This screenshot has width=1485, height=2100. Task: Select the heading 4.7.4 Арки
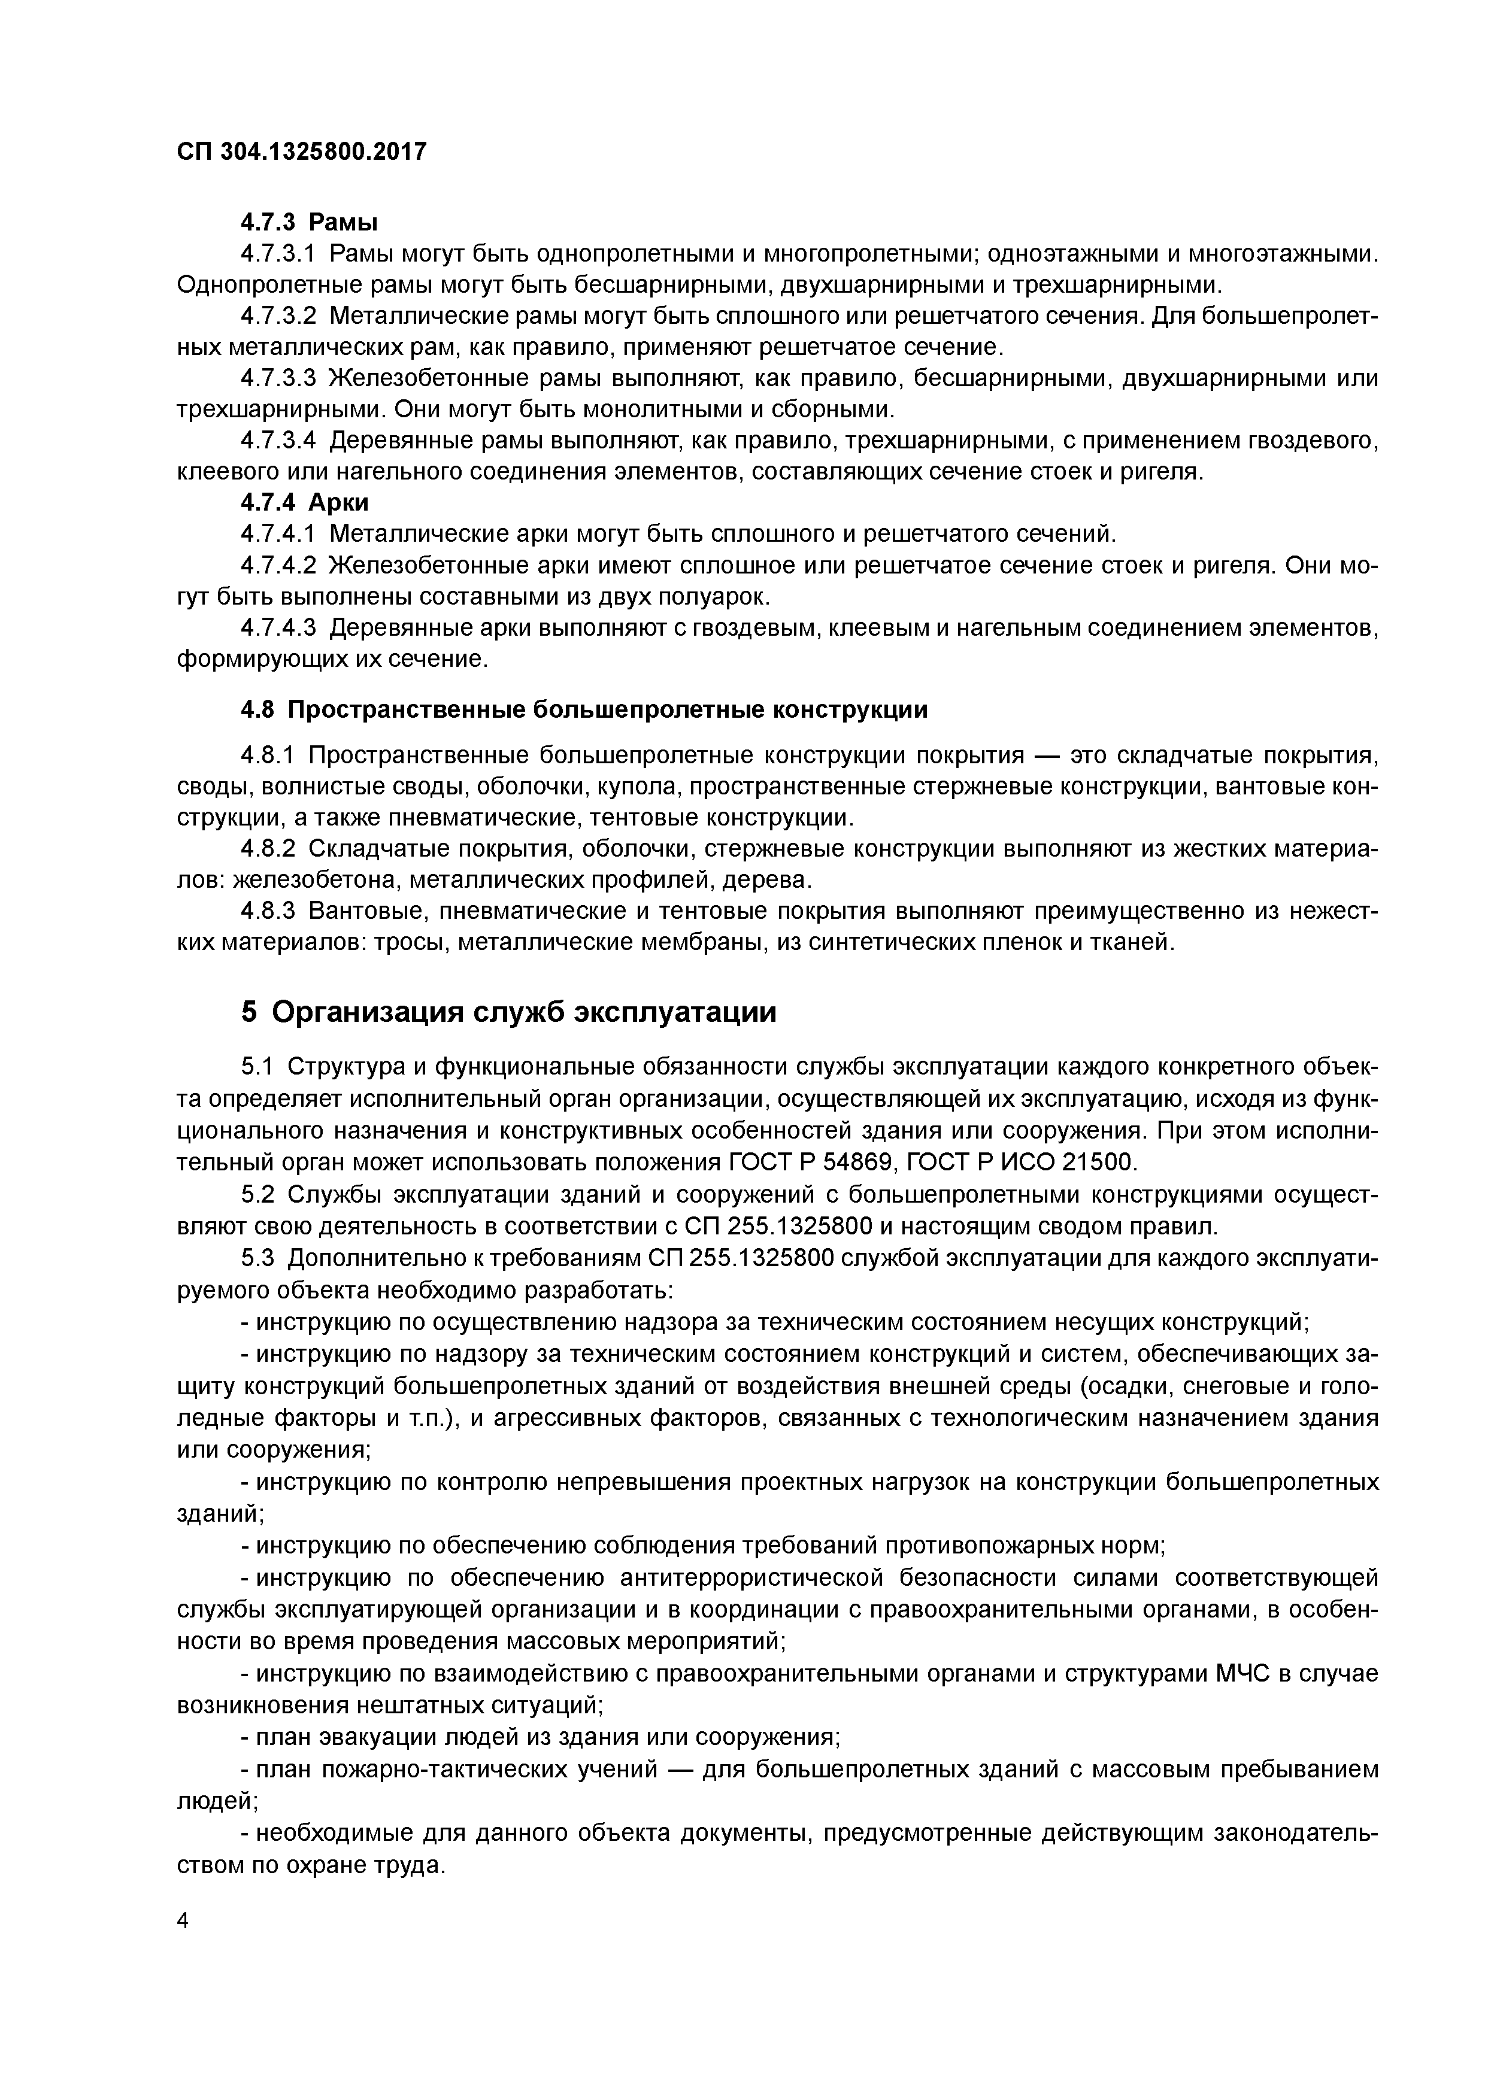coord(305,502)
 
